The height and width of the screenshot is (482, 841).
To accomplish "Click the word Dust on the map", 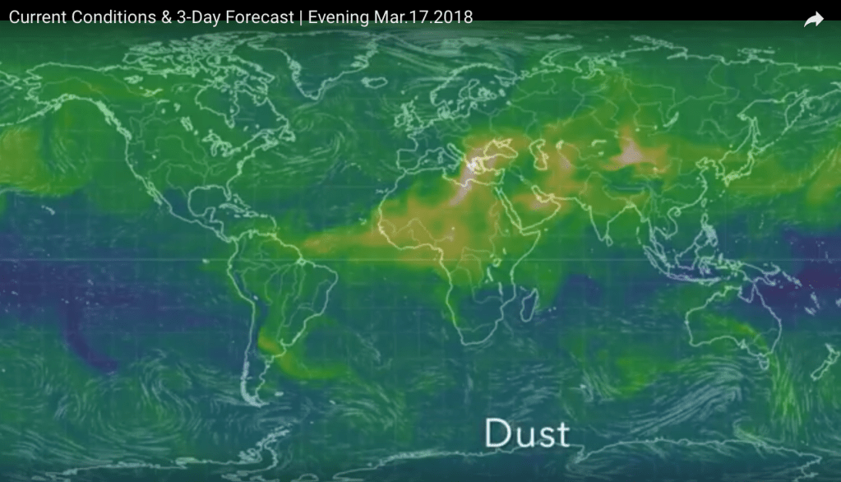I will click(526, 432).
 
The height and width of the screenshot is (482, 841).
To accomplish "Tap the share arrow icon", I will click(813, 20).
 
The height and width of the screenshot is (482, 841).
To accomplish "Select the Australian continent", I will click(732, 325).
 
